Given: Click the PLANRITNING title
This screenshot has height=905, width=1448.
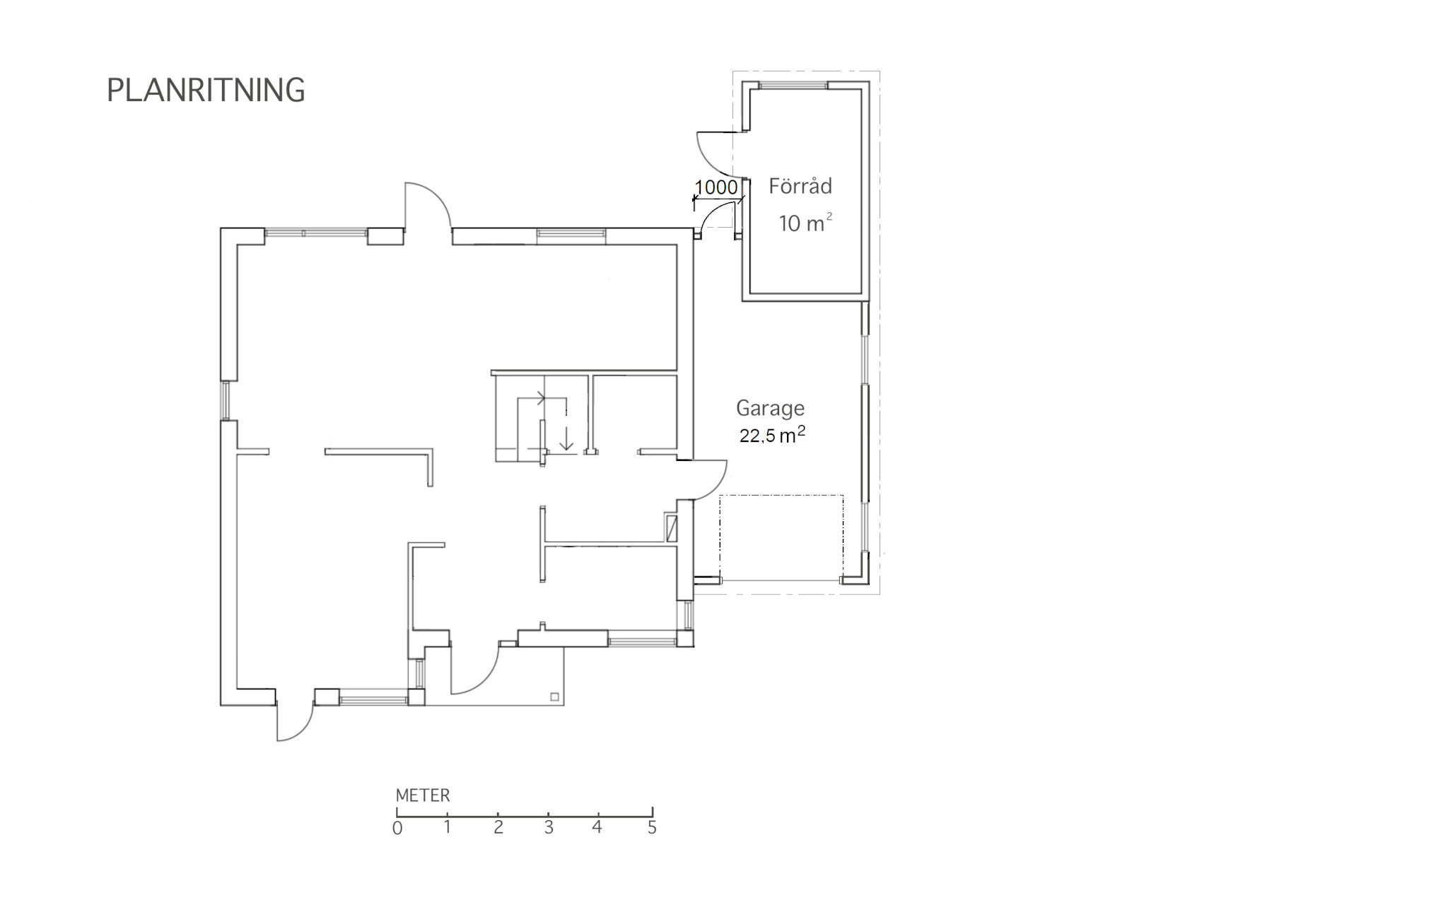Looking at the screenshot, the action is [206, 90].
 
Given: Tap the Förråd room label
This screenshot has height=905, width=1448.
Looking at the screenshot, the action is [800, 186].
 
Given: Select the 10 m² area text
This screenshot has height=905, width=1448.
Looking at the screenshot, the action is [805, 223].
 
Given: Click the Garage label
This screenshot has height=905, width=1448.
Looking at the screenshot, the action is [770, 409].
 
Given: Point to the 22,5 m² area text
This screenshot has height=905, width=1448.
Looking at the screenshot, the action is [772, 434].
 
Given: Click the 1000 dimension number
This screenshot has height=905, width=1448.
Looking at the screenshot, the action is [716, 187].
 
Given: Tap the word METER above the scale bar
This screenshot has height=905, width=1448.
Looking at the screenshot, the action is [423, 795].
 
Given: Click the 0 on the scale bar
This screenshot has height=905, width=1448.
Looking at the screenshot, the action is [397, 828].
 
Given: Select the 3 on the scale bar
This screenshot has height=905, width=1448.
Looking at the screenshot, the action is [549, 827].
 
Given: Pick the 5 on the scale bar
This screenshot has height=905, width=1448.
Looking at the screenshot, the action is [652, 827].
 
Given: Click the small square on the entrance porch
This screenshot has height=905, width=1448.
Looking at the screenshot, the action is [554, 697].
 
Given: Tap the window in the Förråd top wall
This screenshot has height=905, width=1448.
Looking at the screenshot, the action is [793, 86].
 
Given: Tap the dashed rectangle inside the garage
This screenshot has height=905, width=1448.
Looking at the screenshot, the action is [781, 538].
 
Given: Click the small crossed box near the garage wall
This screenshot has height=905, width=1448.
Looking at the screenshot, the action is [672, 528].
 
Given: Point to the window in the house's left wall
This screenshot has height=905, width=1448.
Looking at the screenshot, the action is [227, 401].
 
